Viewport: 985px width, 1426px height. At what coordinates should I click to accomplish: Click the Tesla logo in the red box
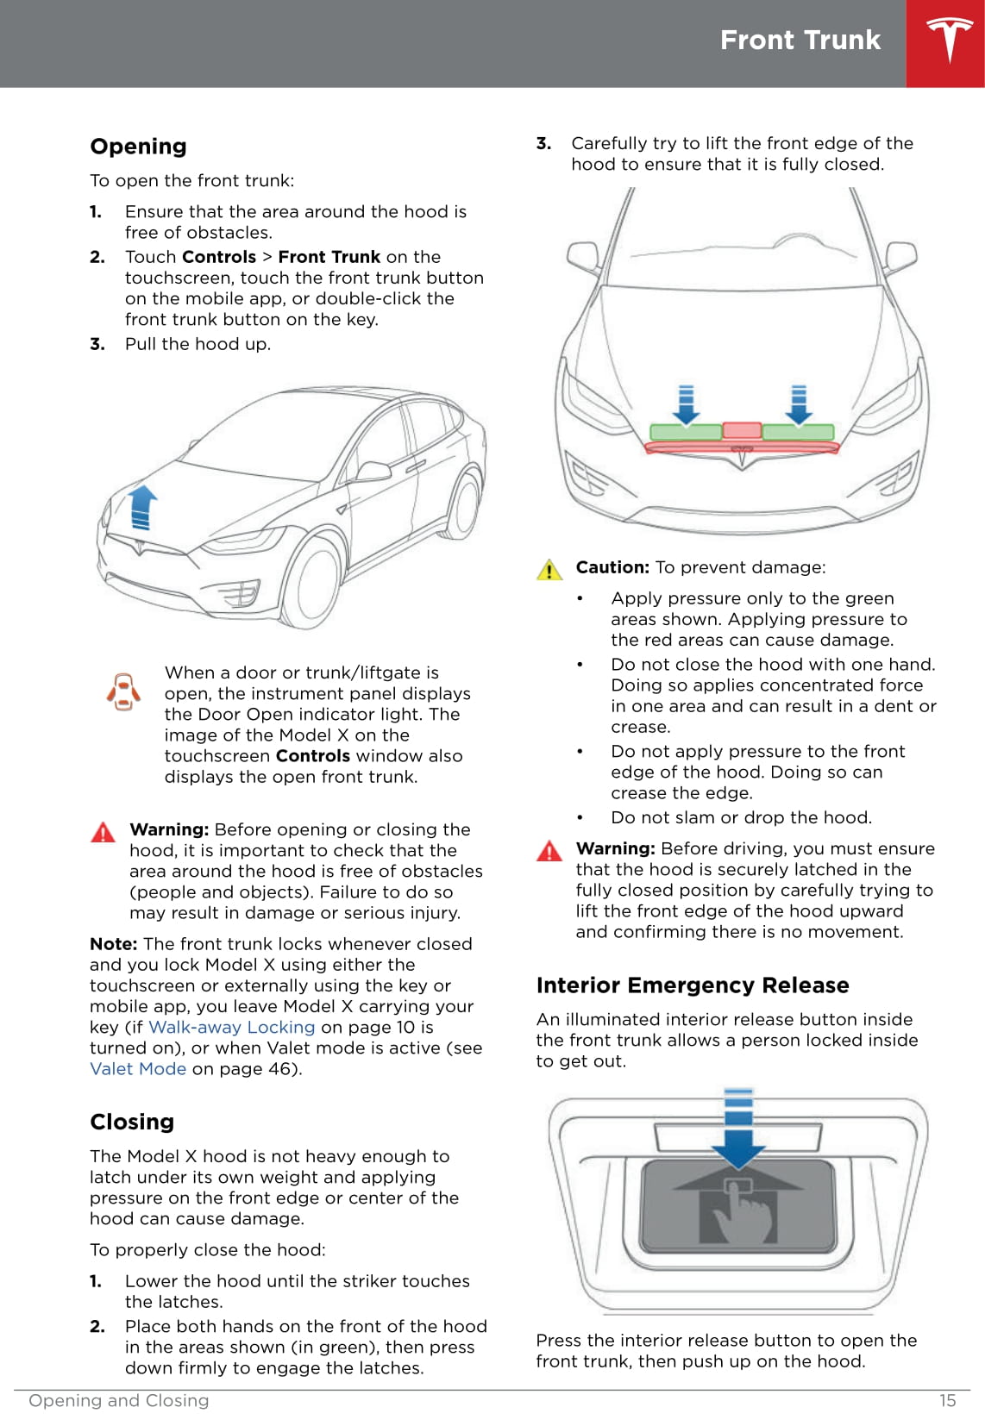[x=949, y=41]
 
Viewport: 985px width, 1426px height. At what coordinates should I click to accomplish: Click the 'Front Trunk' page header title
[x=800, y=41]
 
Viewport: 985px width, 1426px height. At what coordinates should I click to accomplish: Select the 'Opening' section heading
[x=138, y=147]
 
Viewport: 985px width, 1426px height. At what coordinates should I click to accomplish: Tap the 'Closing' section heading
[x=132, y=1122]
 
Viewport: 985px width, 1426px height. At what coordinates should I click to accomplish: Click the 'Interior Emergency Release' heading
[x=692, y=985]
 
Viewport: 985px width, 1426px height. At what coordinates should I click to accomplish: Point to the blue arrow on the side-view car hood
[x=142, y=507]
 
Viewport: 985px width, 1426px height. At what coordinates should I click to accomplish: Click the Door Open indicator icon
[x=123, y=691]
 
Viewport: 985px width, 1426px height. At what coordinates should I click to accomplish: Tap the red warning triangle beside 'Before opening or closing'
[x=103, y=832]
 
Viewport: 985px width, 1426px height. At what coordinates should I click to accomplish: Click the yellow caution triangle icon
[x=549, y=570]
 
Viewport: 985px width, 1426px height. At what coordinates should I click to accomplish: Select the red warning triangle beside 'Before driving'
[x=549, y=851]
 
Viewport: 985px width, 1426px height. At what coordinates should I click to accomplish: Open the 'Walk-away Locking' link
[x=231, y=1028]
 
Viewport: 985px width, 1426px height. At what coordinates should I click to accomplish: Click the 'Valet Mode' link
[x=138, y=1069]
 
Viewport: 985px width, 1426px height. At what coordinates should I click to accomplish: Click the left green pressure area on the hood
[x=686, y=432]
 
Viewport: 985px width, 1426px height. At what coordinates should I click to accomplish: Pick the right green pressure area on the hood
[x=798, y=432]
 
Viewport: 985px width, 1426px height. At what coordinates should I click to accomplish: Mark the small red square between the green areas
[x=742, y=429]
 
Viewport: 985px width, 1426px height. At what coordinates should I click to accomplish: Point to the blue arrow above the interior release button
[x=738, y=1129]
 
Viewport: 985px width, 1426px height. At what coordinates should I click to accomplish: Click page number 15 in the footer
[x=947, y=1401]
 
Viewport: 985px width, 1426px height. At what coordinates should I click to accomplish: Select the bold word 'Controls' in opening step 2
[x=219, y=257]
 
